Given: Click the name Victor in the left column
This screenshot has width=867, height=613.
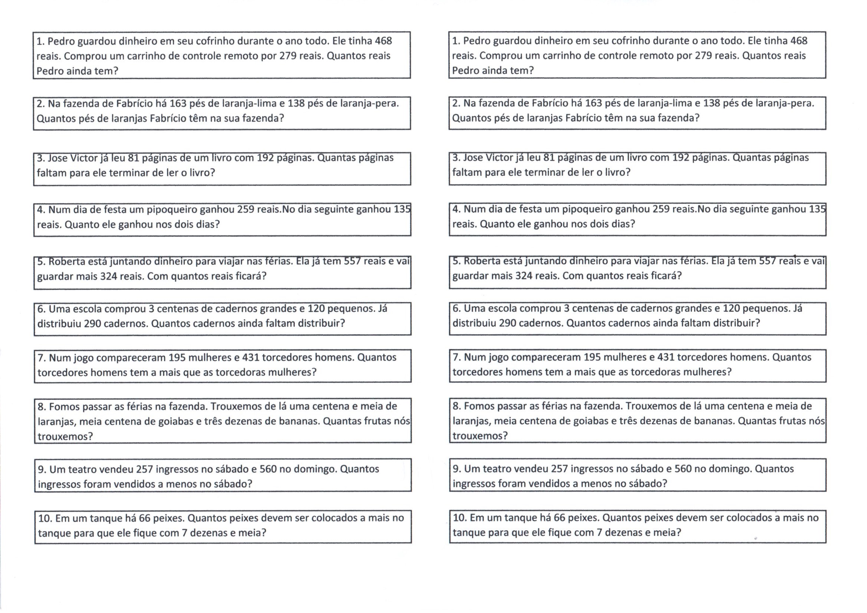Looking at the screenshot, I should click(x=84, y=158).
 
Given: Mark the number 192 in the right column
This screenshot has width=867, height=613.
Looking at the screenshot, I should click(x=680, y=158).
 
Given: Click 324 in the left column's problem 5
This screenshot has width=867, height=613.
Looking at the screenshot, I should click(x=109, y=276).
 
